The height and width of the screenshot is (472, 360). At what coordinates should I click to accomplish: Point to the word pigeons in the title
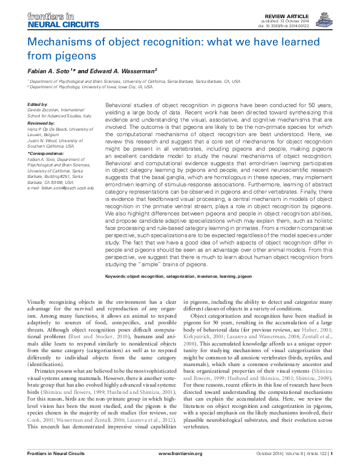click(76, 56)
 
